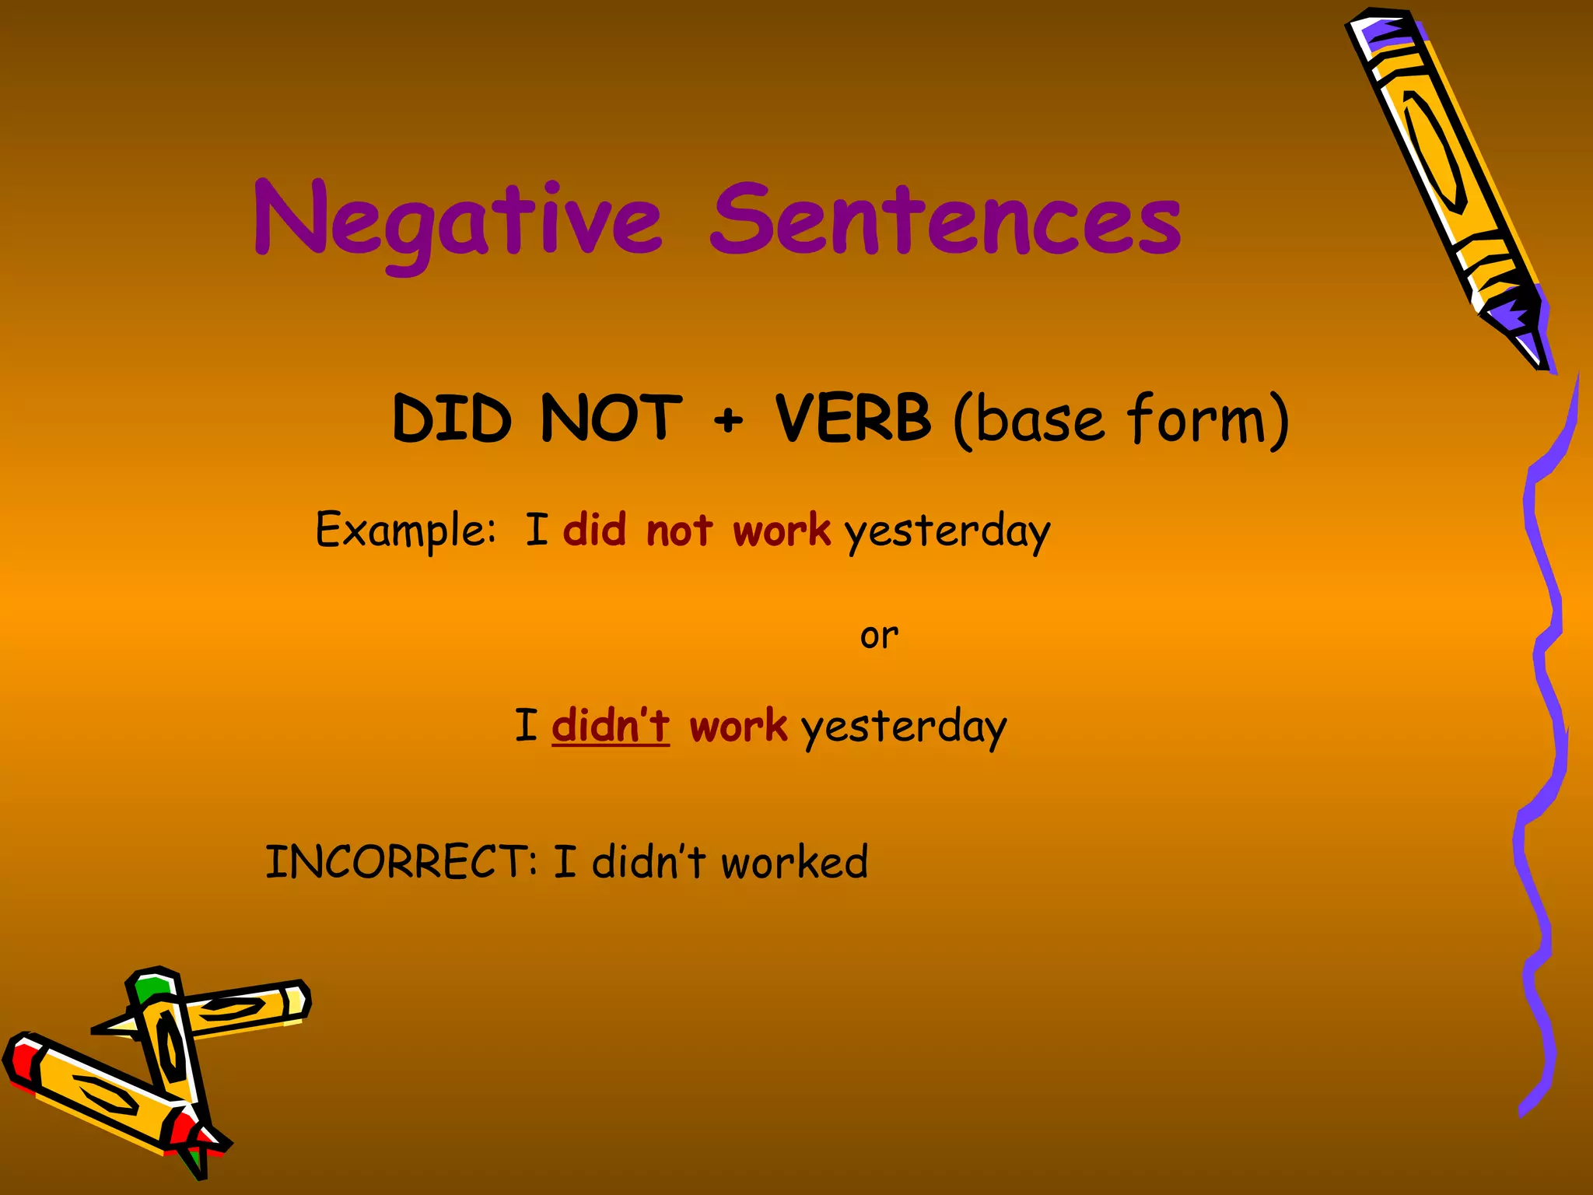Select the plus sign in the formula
pos(728,421)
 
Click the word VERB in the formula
pos(853,419)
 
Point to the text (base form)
pos(1121,420)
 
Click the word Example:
pos(405,531)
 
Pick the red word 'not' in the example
pos(679,531)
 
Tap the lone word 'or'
pos(879,636)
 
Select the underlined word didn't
pos(611,726)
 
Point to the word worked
pos(794,862)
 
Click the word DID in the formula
pos(452,419)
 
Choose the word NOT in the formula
pos(611,419)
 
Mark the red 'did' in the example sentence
pos(594,531)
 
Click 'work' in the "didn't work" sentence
pos(738,727)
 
